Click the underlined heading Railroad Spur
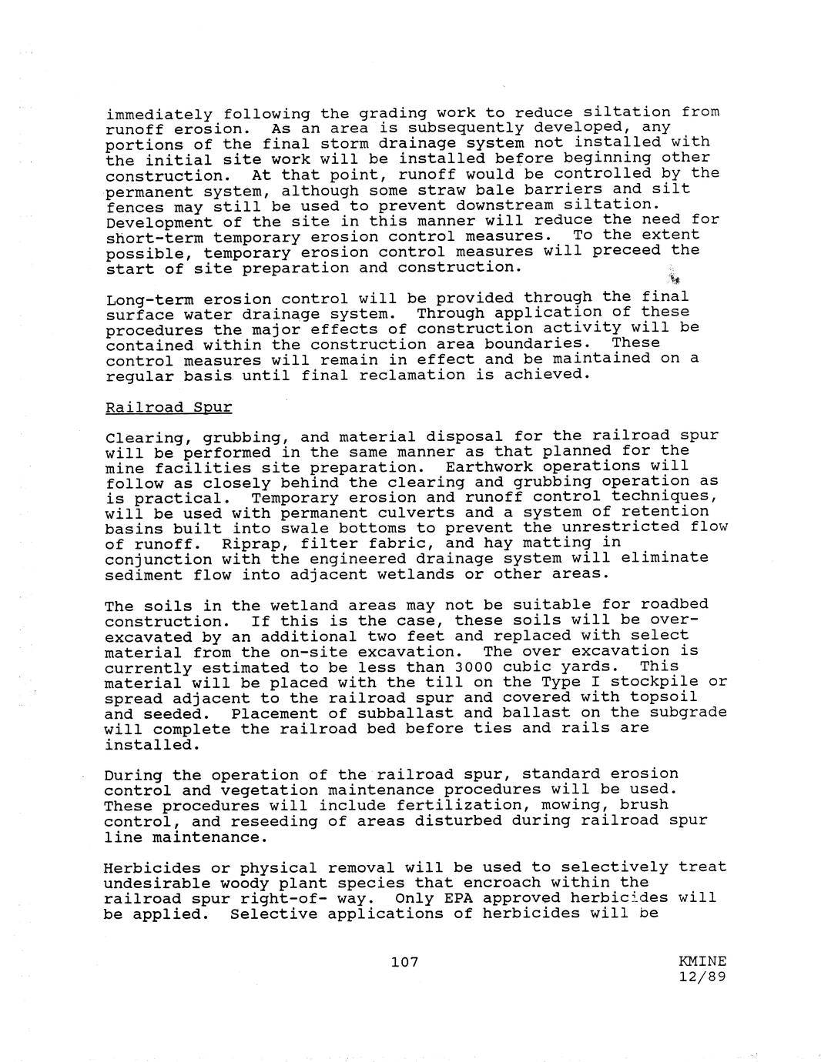pyautogui.click(x=168, y=406)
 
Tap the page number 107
pyautogui.click(x=404, y=961)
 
